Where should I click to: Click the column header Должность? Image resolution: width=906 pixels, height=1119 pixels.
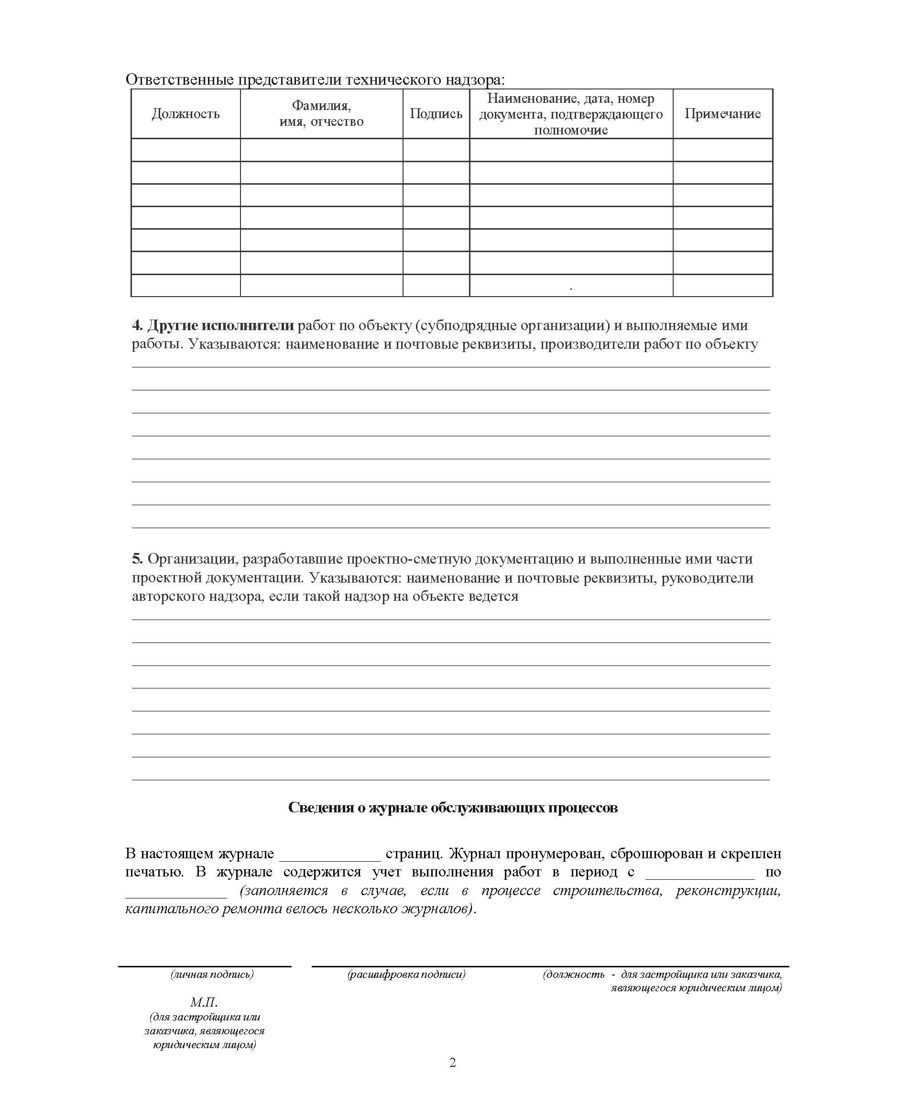point(186,114)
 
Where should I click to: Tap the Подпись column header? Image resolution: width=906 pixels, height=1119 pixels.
point(436,114)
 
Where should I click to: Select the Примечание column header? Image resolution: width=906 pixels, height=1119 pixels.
point(722,114)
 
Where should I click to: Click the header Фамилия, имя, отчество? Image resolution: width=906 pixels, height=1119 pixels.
point(321,114)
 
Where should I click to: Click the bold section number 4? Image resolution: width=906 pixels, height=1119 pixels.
point(137,325)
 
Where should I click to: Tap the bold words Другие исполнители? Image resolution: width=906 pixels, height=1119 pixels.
point(221,325)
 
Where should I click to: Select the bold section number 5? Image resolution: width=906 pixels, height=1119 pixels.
point(137,559)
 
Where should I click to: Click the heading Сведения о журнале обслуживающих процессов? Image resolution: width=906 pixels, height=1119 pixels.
point(452,808)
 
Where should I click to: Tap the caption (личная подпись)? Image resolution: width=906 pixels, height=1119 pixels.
point(212,975)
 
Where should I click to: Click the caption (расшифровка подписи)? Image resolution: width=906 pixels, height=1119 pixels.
point(406,975)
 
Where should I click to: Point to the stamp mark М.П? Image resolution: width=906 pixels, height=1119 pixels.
point(204,1003)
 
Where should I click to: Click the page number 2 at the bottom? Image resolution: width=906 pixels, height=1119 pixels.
point(452,1063)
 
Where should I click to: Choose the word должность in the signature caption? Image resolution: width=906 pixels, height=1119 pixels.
point(574,975)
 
